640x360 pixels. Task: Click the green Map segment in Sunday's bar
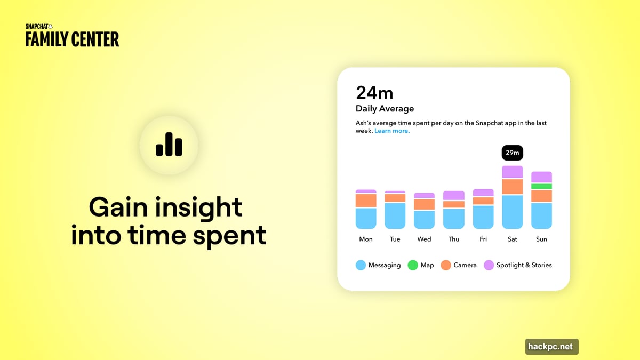coord(541,186)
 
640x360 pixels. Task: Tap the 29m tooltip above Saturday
coord(512,153)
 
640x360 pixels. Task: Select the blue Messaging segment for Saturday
coord(512,212)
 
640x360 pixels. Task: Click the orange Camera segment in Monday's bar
coord(366,201)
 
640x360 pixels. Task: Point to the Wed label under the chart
coord(424,239)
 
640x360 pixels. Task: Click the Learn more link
coord(392,131)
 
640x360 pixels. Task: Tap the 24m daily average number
coord(374,93)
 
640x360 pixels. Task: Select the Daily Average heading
coord(385,109)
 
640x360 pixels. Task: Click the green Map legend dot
coord(412,265)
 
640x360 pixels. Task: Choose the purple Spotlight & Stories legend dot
coord(489,265)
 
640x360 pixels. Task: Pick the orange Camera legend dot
coord(446,265)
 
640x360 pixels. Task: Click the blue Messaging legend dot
coord(361,265)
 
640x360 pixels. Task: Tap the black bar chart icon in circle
coord(169,145)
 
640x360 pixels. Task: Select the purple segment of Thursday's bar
coord(454,195)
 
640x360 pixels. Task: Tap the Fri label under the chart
coord(483,239)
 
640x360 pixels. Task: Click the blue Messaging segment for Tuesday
coord(395,215)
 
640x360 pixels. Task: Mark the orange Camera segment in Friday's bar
coord(483,201)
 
